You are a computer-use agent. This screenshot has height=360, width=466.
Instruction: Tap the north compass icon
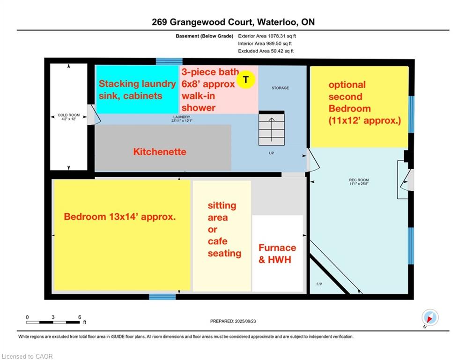click(429, 318)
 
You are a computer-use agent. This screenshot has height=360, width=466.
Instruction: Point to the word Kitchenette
click(160, 152)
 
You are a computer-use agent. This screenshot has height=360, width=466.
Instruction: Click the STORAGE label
click(280, 88)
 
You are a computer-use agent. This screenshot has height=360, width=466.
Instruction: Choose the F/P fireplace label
click(319, 285)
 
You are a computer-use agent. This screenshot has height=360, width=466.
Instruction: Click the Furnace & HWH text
click(277, 253)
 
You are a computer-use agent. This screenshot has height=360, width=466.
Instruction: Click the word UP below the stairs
click(271, 153)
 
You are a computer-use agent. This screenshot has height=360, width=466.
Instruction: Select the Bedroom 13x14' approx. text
click(119, 217)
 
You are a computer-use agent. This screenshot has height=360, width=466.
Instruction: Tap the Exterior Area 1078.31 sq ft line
click(267, 36)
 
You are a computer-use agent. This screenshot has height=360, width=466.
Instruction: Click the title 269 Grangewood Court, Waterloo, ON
click(233, 22)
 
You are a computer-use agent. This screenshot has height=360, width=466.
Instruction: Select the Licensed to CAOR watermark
click(28, 356)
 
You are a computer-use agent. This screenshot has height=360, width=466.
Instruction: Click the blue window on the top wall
click(169, 61)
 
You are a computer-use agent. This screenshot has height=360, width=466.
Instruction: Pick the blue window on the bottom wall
click(163, 296)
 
